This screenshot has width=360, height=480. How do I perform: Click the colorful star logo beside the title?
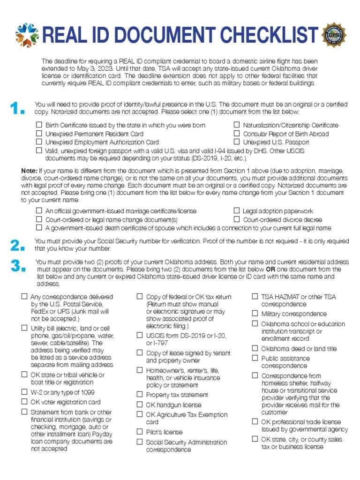coord(27,35)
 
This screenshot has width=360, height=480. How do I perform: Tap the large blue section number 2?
coord(17,245)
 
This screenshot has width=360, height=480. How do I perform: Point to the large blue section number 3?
coord(17,266)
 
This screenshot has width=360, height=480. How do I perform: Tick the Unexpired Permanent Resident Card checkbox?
coord(39,134)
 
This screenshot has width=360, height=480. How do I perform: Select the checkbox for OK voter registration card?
coord(24,402)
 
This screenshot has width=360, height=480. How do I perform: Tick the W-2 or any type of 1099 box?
coord(24,392)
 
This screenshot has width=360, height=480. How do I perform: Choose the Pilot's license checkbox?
coord(140,432)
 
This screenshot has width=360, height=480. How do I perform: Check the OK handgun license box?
coord(140,405)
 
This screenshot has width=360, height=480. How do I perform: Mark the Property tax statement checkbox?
coord(140,395)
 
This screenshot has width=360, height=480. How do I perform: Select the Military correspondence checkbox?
coord(255,314)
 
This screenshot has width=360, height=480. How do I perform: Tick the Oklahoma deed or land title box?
coord(255,348)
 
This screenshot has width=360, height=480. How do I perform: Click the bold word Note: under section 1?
coord(30,171)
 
